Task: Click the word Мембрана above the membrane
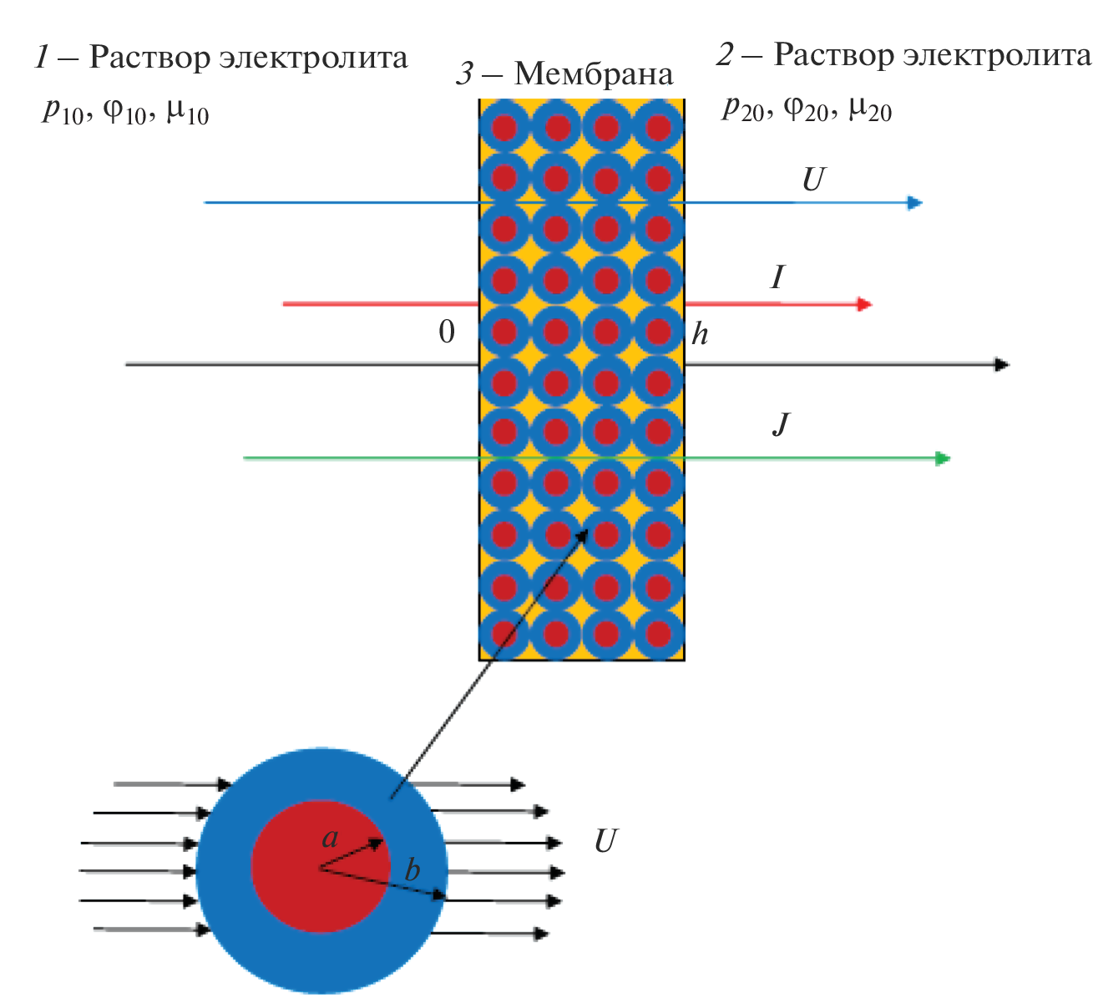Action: [x=593, y=74]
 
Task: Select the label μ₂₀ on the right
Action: [x=869, y=109]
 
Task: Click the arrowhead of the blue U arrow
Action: [x=915, y=202]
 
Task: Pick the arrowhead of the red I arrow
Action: [x=865, y=304]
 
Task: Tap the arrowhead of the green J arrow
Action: [x=943, y=458]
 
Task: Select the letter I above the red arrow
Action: [x=777, y=277]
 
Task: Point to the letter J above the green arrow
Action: [x=781, y=425]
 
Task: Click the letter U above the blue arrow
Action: [x=812, y=180]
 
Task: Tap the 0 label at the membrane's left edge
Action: [x=448, y=332]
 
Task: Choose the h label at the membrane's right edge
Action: [x=700, y=334]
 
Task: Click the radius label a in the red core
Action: [x=331, y=838]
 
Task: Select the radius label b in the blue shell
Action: [x=412, y=870]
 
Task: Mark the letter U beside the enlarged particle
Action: [x=605, y=841]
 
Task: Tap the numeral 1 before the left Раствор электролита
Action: [x=43, y=58]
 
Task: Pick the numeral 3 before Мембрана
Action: [x=465, y=74]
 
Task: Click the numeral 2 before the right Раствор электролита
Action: [x=725, y=55]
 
